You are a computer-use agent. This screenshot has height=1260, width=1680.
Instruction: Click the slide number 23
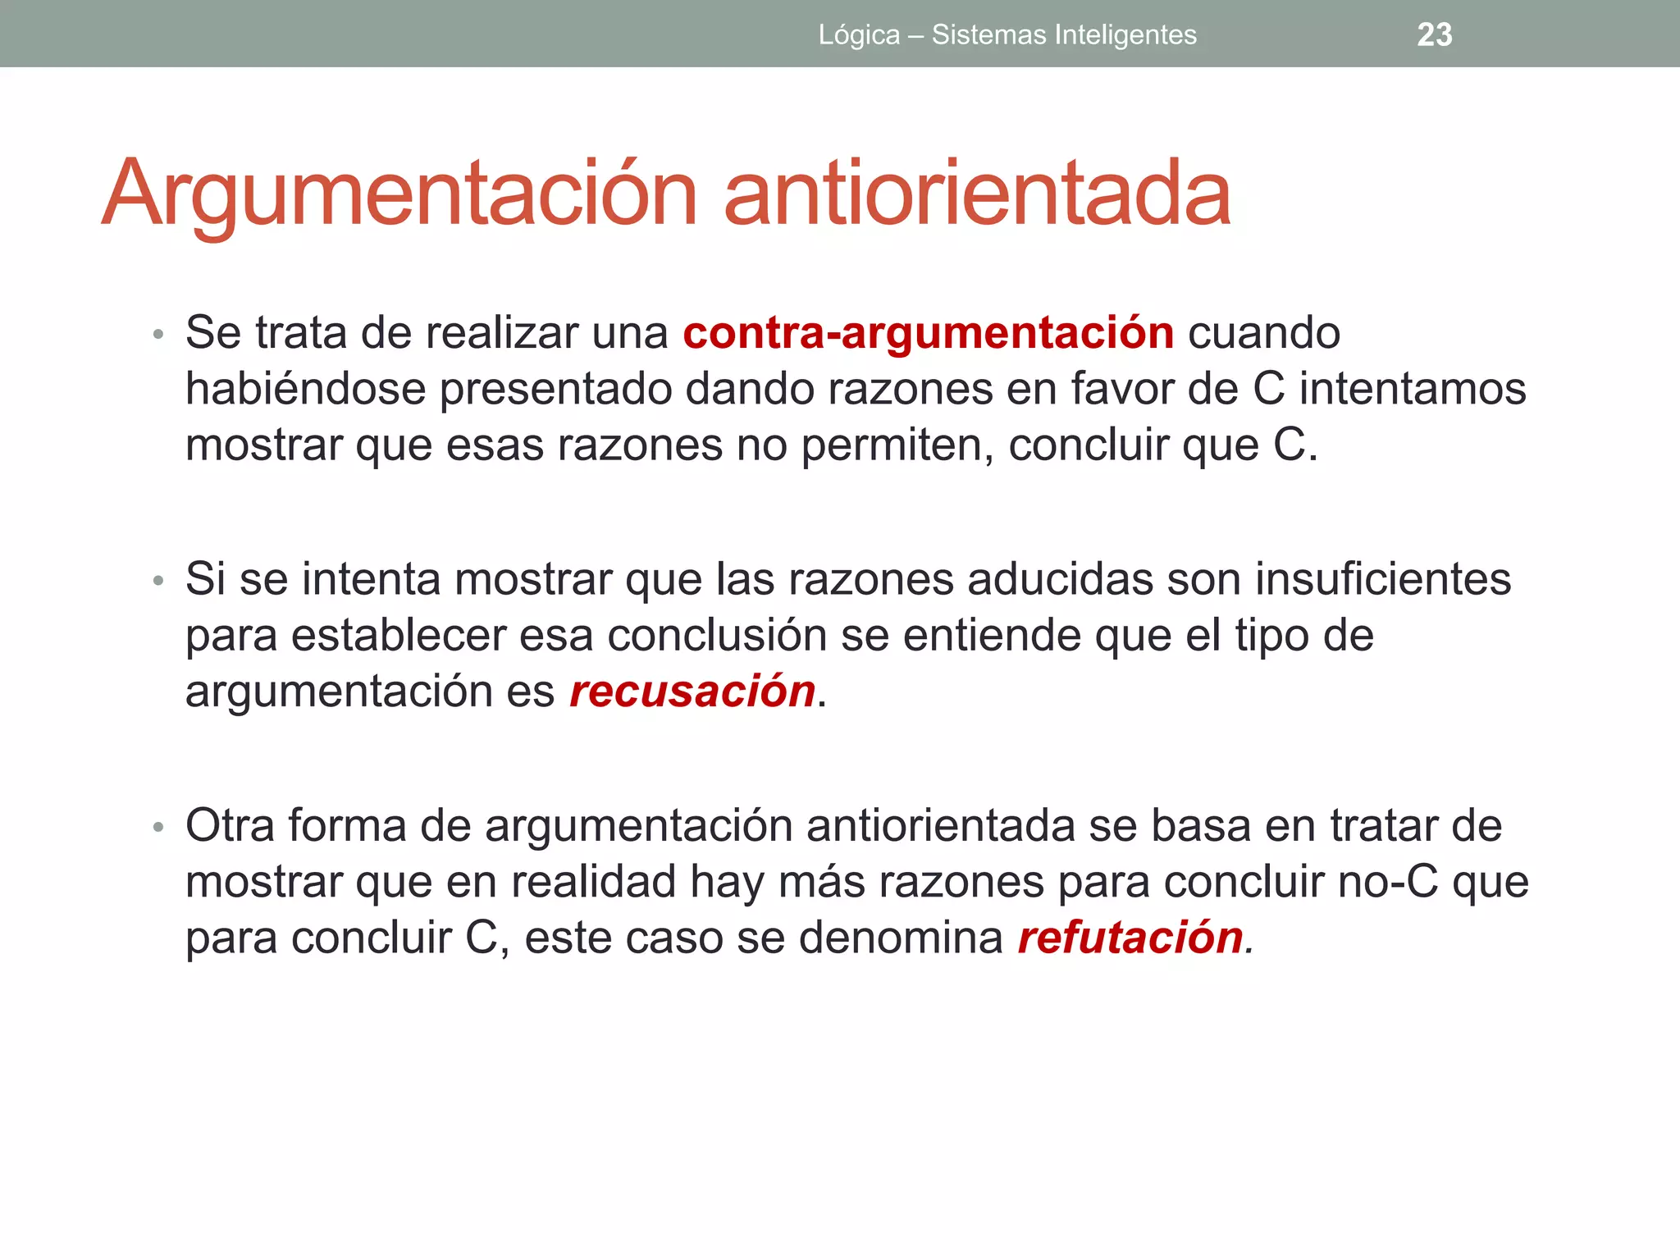pos(1434,34)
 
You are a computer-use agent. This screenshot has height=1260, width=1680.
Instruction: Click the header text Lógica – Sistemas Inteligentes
pos(1007,34)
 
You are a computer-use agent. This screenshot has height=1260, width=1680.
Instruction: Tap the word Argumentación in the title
pos(399,194)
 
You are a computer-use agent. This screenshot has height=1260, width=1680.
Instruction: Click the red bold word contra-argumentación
pos(929,333)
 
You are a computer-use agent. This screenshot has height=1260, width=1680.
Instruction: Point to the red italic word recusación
pos(692,691)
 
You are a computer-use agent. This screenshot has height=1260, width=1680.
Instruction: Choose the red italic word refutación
pos(1130,937)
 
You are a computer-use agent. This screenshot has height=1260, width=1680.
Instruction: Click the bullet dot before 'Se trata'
pos(158,335)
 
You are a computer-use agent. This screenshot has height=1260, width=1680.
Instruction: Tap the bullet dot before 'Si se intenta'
pos(158,581)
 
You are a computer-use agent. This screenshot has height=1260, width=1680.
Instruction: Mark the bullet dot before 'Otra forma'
pos(158,827)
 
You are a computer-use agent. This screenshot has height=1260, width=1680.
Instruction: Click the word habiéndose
pos(305,389)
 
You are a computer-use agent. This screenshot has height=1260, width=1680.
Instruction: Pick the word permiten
pos(896,446)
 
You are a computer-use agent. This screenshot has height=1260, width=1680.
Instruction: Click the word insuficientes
pos(1383,579)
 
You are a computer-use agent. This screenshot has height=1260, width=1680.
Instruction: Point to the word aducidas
pos(1060,579)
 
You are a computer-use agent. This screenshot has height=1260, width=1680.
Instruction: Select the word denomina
pos(901,938)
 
